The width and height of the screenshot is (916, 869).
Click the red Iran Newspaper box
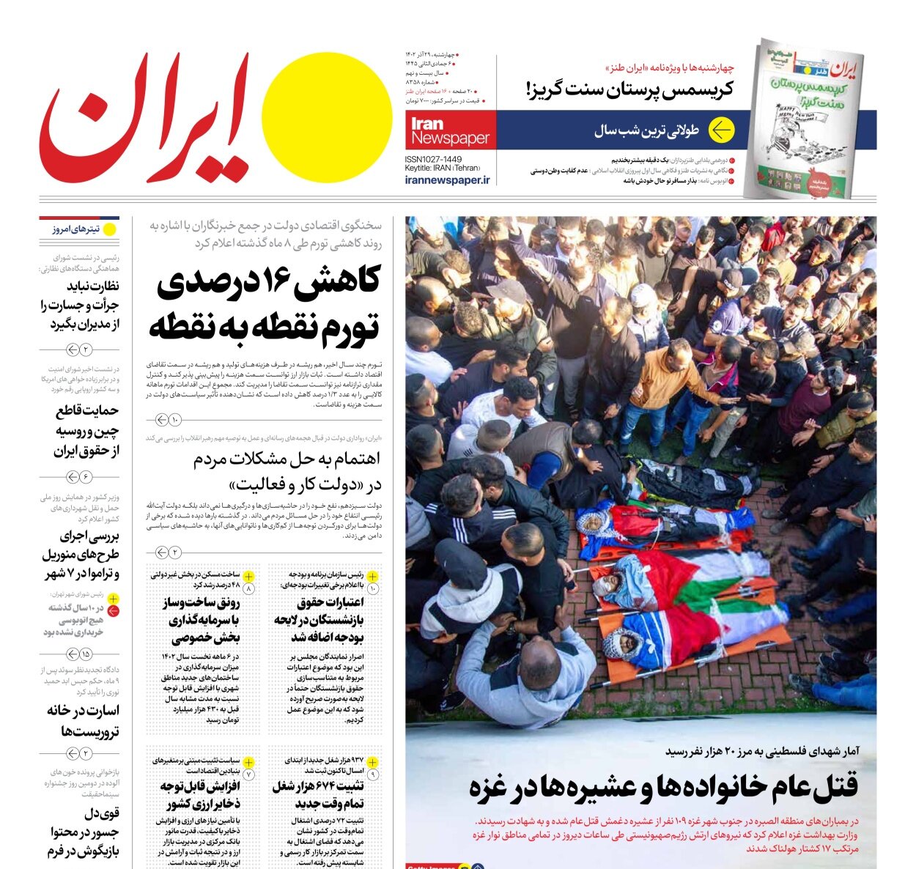click(x=451, y=130)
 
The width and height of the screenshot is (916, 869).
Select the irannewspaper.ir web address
click(x=447, y=180)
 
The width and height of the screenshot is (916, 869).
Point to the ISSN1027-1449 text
click(x=433, y=159)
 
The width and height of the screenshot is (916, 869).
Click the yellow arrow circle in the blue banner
click(x=720, y=130)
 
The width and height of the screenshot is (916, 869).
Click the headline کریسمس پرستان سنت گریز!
click(x=630, y=90)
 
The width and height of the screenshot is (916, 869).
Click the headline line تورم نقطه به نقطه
click(x=265, y=325)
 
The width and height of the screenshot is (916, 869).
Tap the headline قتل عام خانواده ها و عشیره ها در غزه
click(x=663, y=787)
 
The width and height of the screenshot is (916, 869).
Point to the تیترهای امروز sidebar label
click(x=75, y=229)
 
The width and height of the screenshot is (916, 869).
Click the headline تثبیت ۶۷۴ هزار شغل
click(x=318, y=795)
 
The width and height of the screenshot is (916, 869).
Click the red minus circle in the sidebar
click(x=113, y=611)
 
